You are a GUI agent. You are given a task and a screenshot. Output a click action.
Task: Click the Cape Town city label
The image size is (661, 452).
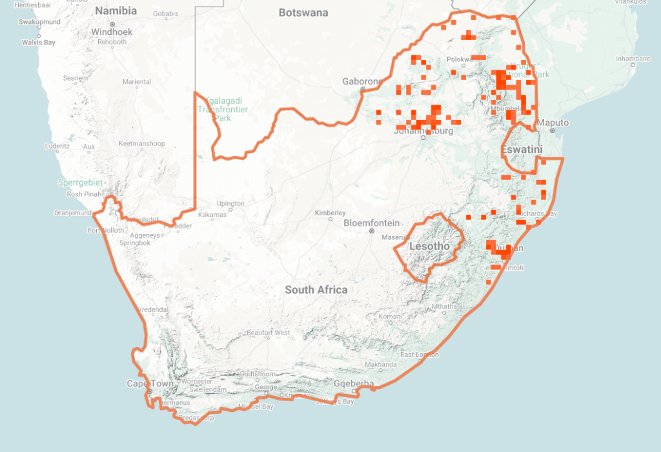pyautogui.click(x=150, y=384)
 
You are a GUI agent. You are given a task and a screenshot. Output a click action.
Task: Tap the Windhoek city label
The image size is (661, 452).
pyautogui.click(x=112, y=32)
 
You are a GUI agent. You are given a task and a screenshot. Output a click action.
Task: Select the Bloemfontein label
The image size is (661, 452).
pyautogui.click(x=371, y=222)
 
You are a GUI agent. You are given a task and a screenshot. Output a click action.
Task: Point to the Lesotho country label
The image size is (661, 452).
pyautogui.click(x=429, y=246)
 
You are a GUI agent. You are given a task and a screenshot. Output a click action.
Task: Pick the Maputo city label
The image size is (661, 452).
pyautogui.click(x=553, y=123)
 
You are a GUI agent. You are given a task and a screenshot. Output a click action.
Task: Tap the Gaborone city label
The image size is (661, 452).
pyautogui.click(x=362, y=82)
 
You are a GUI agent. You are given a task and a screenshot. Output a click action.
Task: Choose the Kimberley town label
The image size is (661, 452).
pyautogui.click(x=330, y=213)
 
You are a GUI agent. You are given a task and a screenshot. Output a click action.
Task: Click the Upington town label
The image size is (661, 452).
pyautogui.click(x=230, y=204)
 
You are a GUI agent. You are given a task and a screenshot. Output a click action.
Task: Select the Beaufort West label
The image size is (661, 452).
pyautogui.click(x=268, y=333)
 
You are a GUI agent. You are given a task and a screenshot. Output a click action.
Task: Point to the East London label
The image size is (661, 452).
pyautogui.click(x=420, y=355)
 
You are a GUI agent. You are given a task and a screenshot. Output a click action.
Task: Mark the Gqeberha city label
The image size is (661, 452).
pyautogui.click(x=354, y=384)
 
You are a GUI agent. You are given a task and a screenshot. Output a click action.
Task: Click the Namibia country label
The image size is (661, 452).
pyautogui.click(x=116, y=11)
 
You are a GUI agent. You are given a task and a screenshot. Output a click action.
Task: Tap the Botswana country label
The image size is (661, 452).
pyautogui.click(x=303, y=13)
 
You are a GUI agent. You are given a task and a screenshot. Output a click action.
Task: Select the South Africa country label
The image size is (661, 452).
pyautogui.click(x=316, y=290)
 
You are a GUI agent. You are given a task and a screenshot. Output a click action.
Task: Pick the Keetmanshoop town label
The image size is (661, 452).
pyautogui.click(x=142, y=144)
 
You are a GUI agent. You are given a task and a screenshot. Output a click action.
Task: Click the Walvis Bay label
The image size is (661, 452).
pyautogui.click(x=38, y=43)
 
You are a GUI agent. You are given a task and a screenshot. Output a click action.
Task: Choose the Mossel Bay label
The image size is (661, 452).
pyautogui.click(x=256, y=407)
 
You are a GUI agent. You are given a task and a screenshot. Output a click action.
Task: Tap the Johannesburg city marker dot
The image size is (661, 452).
pyautogui.click(x=423, y=137)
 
